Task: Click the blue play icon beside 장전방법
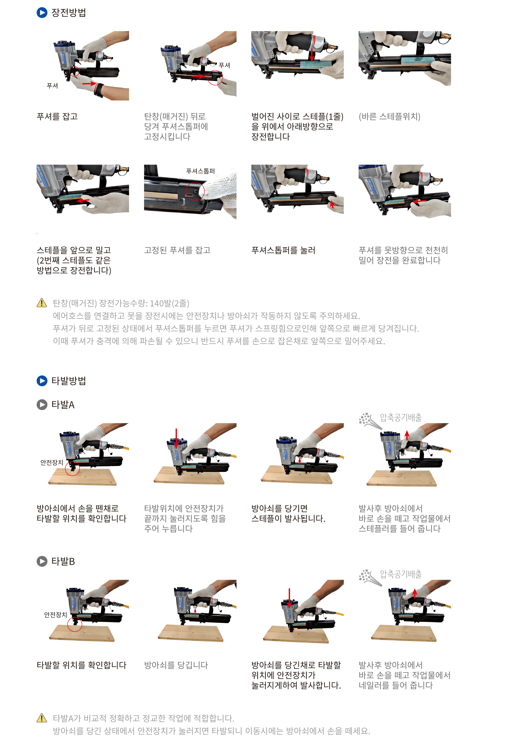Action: [x=42, y=13]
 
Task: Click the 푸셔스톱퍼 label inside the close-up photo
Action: [x=200, y=171]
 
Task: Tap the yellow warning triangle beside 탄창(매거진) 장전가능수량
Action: [x=42, y=303]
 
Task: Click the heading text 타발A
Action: [x=63, y=405]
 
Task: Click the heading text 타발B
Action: [x=63, y=562]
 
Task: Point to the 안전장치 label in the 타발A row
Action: [x=52, y=462]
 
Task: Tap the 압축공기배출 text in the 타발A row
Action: [x=401, y=417]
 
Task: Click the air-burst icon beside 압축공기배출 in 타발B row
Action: [x=370, y=577]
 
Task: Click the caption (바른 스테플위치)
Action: [x=389, y=117]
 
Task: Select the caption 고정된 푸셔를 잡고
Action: [x=177, y=250]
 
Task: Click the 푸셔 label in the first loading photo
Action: [x=52, y=86]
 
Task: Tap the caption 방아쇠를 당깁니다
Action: [x=176, y=665]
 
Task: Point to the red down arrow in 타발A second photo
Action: [x=176, y=438]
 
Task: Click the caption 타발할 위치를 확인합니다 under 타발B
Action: [x=81, y=665]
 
